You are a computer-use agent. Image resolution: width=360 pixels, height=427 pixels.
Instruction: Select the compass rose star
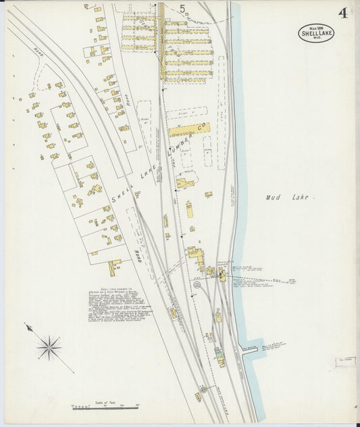49,349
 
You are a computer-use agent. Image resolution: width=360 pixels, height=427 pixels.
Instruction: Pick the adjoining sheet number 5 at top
182,8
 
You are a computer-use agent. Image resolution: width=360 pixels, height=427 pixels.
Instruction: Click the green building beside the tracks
219,352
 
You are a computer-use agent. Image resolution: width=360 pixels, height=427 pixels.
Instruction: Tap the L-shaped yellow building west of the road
113,268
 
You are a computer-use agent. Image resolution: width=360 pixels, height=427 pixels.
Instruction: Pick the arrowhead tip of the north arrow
28,326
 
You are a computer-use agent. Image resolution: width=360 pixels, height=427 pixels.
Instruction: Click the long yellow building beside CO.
181,130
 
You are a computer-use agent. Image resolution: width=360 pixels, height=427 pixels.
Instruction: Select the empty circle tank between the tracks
197,285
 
